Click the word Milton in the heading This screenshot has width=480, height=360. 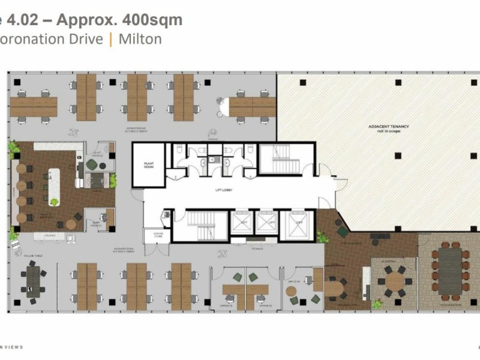click(x=140, y=40)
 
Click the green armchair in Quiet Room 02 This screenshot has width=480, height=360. click(x=91, y=164)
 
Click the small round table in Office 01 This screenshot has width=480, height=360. click(x=291, y=291)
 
